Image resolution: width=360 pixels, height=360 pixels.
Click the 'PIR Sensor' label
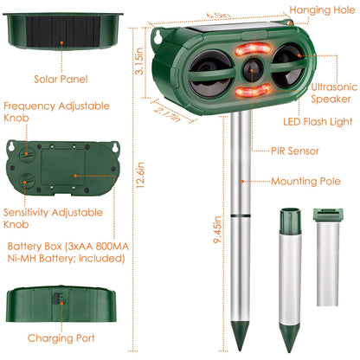point(295,151)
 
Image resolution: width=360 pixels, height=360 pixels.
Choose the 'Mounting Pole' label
point(303,182)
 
